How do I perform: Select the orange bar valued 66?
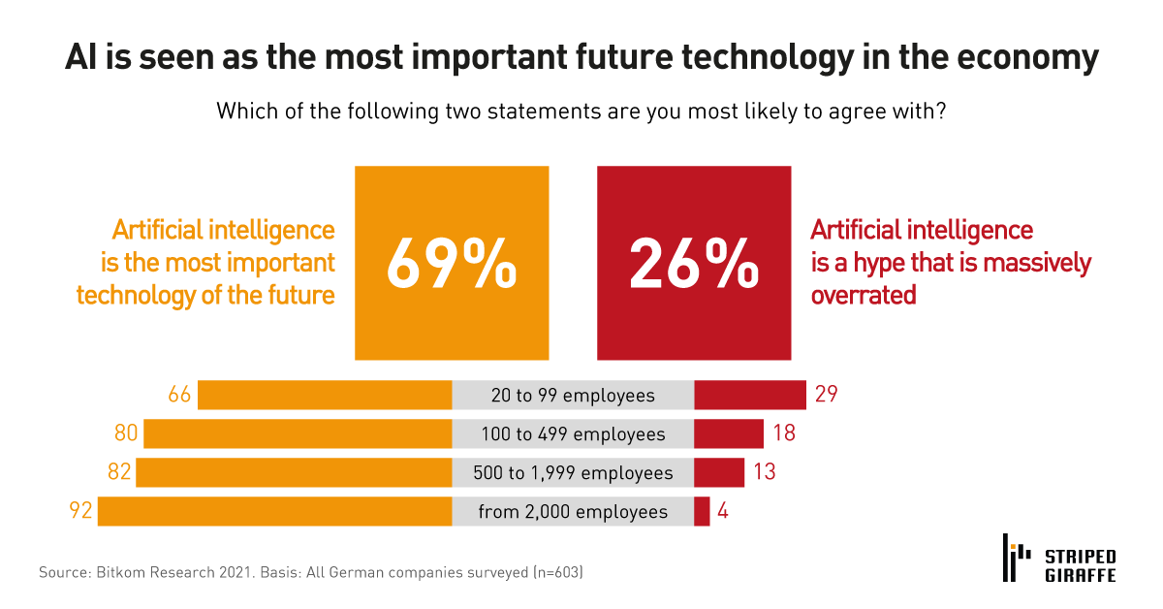(325, 396)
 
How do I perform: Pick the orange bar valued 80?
(298, 433)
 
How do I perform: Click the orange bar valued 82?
(294, 472)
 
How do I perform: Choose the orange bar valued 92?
(275, 511)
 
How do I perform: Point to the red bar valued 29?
(750, 396)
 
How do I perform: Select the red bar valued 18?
(729, 433)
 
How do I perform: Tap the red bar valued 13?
(719, 472)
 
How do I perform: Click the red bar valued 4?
(702, 511)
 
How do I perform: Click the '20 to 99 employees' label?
(573, 396)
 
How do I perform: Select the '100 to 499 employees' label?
(573, 434)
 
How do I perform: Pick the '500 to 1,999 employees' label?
(573, 473)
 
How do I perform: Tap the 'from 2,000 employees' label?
(573, 512)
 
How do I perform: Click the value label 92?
(80, 511)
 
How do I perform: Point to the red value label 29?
(826, 396)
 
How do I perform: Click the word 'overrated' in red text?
(863, 295)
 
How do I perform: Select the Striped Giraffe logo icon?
(1014, 559)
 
